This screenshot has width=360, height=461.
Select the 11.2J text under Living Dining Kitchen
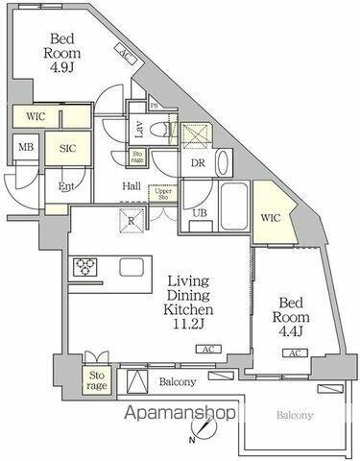(182, 327)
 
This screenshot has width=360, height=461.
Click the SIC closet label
(70, 150)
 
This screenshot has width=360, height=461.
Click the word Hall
(132, 187)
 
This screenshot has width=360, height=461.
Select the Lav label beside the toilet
(139, 126)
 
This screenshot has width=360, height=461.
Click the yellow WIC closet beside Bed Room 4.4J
(270, 218)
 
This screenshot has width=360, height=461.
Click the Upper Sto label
(163, 195)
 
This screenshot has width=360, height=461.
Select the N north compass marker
(192, 441)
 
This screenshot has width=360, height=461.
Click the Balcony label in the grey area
(295, 416)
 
